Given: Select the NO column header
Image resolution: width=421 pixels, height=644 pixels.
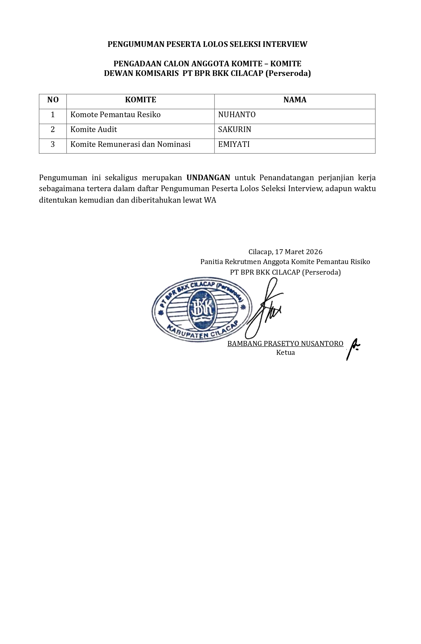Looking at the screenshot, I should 53,100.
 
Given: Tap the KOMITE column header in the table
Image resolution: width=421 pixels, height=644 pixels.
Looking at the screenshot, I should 141,100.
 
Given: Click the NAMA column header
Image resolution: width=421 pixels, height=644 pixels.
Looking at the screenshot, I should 295,100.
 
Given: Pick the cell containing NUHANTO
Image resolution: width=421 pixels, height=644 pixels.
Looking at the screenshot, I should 237,115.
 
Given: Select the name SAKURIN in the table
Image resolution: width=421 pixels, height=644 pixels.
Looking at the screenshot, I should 235,130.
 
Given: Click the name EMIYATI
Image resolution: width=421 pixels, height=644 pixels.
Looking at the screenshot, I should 234,144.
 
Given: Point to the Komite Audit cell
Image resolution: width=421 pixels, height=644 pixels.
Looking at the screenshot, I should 94,130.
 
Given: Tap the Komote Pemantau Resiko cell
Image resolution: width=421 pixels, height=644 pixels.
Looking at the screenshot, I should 115,115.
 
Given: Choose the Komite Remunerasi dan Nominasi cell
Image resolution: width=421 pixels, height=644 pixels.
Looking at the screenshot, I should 130,145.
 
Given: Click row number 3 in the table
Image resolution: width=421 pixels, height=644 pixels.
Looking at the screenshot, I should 53,145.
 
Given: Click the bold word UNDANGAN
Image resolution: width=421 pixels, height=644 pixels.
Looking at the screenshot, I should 208,178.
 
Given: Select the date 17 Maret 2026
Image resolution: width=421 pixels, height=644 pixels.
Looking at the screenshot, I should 299,252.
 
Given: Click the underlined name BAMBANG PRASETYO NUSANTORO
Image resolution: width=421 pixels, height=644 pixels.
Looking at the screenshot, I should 285,344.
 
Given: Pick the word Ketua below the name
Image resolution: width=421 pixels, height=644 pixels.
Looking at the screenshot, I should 285,353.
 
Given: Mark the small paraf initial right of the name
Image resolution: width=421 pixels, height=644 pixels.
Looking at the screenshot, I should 353,349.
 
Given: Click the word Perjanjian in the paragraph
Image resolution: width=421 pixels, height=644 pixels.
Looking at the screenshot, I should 336,178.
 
